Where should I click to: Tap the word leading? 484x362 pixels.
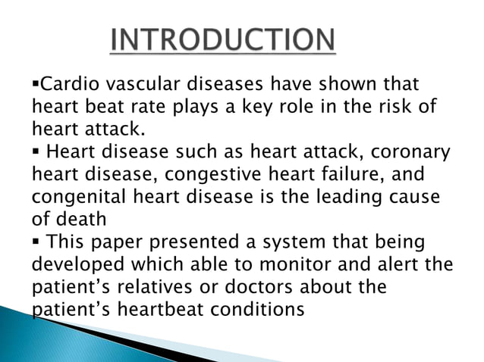coord(347,199)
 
